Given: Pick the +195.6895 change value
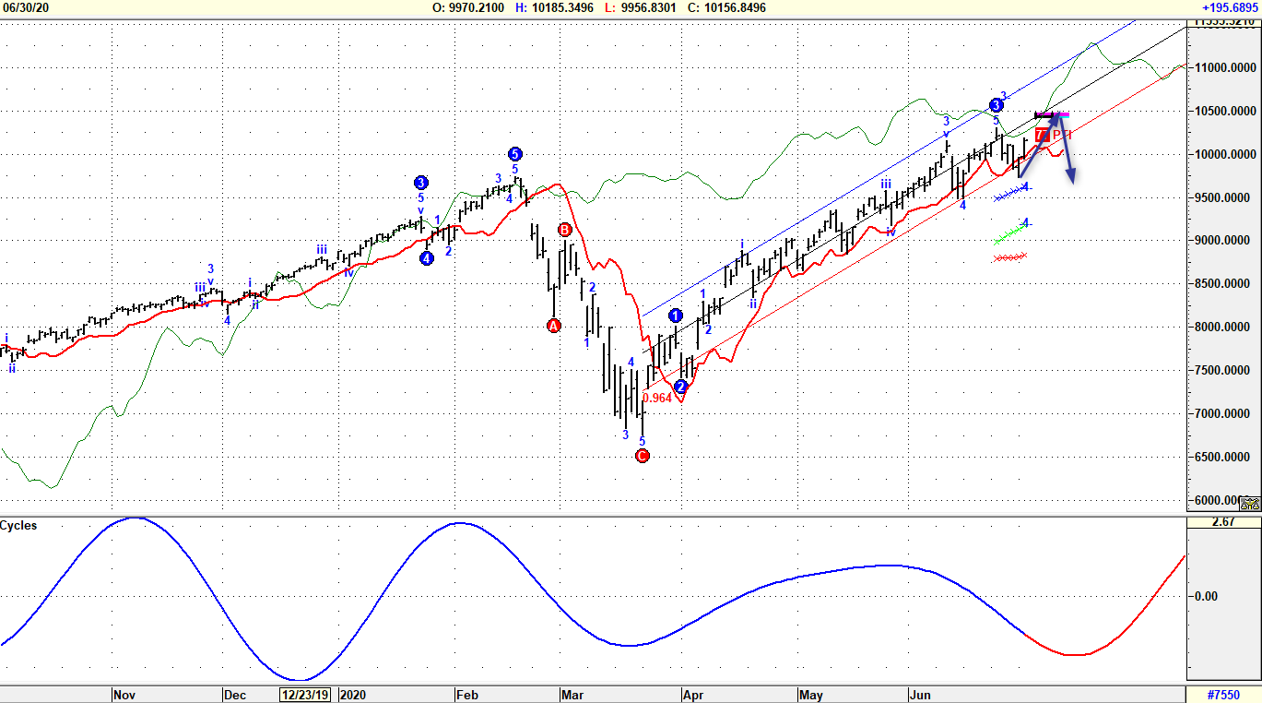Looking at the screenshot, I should tap(1230, 7).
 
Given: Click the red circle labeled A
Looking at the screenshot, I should tap(553, 326).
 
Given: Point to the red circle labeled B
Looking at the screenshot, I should tap(564, 229).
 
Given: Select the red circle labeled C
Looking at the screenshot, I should tap(643, 456).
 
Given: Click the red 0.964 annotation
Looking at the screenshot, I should tap(657, 398).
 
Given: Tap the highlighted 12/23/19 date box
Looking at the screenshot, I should tap(305, 694).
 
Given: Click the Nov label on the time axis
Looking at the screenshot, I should tap(124, 694).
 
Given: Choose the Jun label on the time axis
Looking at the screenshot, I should tap(920, 694).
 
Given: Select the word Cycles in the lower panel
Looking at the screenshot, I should tap(18, 525).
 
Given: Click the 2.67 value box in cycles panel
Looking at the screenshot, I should tap(1223, 522).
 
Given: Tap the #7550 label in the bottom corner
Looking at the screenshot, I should tap(1223, 694).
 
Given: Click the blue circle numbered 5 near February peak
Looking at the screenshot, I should tap(514, 154).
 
